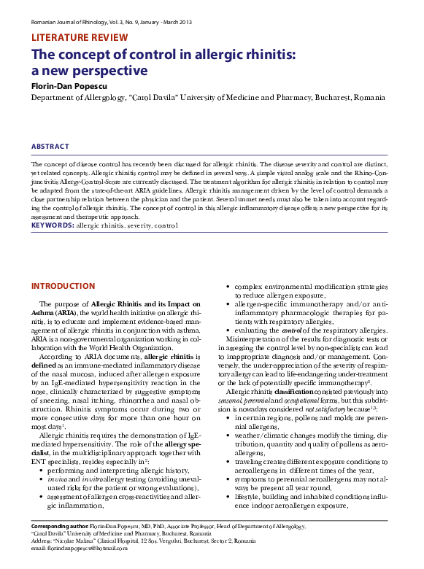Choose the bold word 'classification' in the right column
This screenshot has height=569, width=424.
(x=295, y=392)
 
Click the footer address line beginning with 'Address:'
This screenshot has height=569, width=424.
(x=144, y=541)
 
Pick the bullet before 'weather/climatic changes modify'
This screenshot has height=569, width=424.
(x=230, y=435)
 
